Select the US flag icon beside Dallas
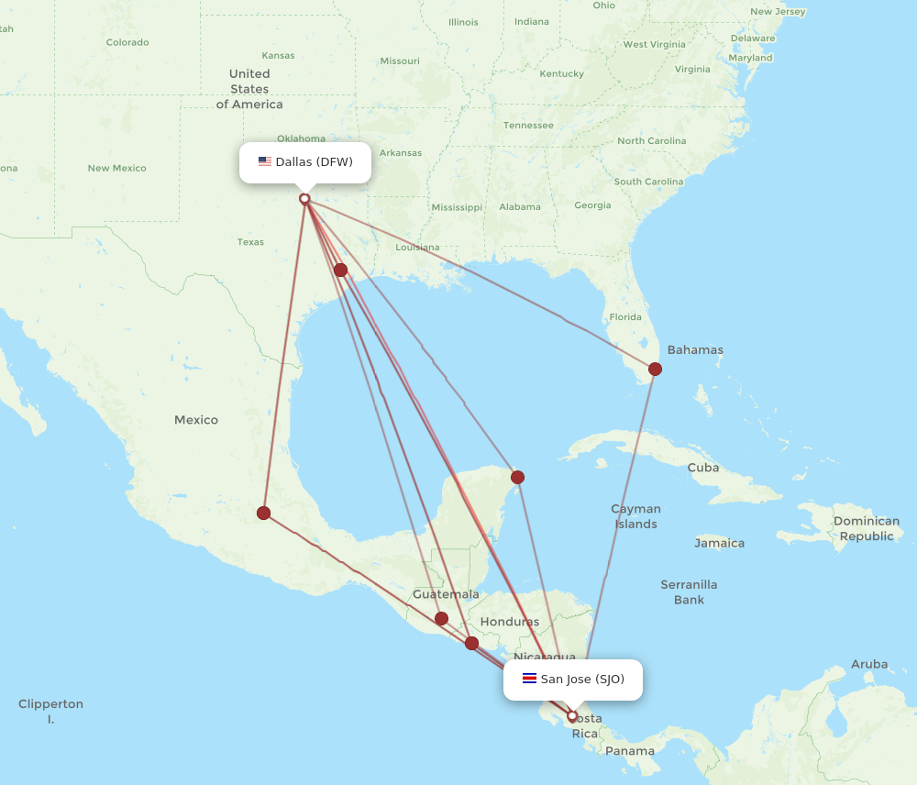point(265,162)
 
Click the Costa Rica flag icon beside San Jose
point(529,680)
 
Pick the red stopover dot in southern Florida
point(655,370)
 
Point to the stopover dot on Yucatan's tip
point(517,477)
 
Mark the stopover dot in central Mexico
point(263,513)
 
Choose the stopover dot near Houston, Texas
point(340,270)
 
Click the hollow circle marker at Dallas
point(304,198)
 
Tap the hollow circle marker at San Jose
point(572,716)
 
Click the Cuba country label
point(703,468)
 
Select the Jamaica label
point(719,543)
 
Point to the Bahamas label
point(695,349)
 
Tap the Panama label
point(630,751)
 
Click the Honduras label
point(509,622)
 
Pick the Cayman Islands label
point(635,516)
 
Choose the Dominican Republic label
point(867,528)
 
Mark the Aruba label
point(869,664)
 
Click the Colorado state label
point(127,42)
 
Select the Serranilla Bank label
point(689,592)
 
